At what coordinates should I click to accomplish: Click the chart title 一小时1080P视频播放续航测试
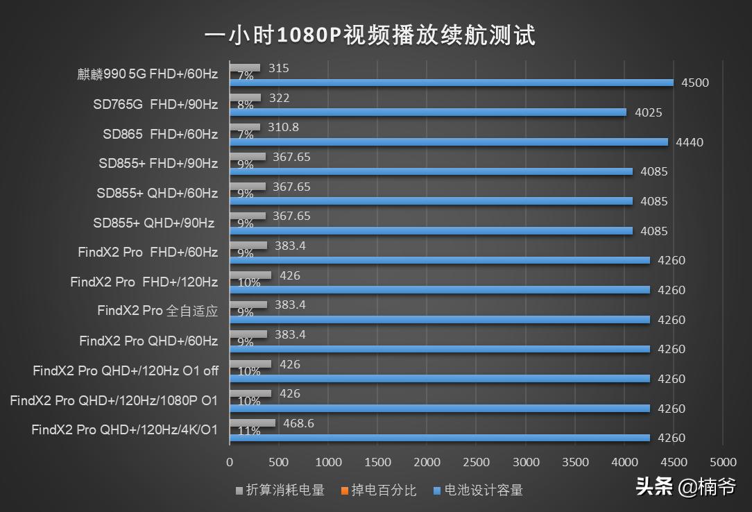coord(370,35)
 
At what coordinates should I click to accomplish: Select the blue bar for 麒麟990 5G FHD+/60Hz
coord(451,83)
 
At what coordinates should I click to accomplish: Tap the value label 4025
coord(649,112)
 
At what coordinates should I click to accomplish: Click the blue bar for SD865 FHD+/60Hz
coord(448,142)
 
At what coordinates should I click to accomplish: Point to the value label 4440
coord(690,142)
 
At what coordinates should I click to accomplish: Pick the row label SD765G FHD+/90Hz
coord(155,105)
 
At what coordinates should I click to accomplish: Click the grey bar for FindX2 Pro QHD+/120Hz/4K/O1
coord(252,423)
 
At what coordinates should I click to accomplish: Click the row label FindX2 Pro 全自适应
coord(157,312)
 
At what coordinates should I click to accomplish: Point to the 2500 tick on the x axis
coord(476,462)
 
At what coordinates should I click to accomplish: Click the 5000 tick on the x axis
coord(723,462)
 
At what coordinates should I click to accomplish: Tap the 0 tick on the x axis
coord(230,462)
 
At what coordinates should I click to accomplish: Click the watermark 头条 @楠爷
coord(685,487)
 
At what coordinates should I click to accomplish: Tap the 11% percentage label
coord(248,432)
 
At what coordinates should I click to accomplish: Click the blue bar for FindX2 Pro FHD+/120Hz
coord(439,290)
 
